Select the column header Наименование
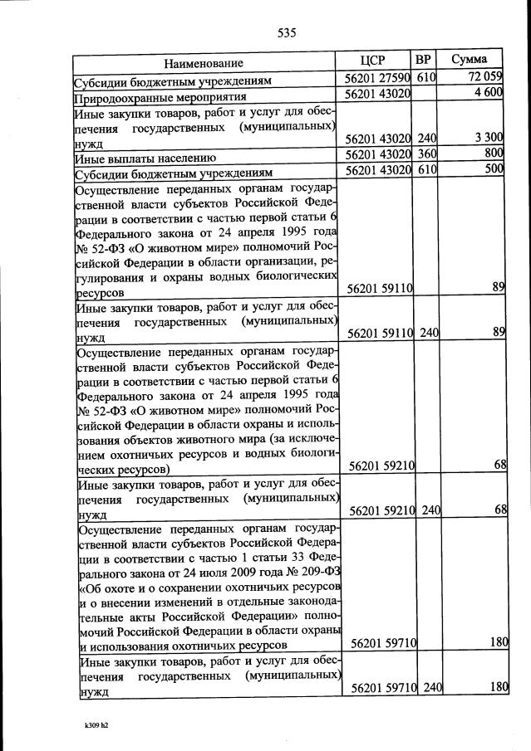(204, 63)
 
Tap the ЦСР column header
(375, 61)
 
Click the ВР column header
(423, 61)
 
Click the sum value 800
(494, 154)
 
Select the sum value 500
(494, 170)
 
